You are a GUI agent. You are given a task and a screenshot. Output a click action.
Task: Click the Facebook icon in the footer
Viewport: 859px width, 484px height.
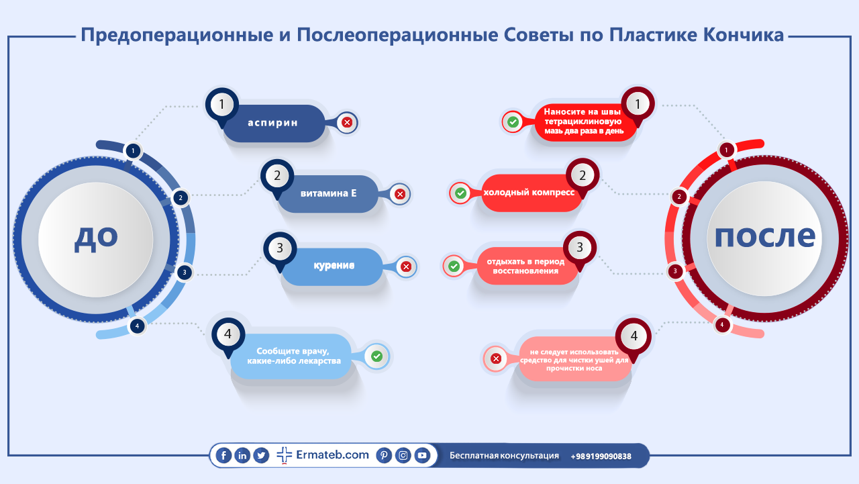coord(223,456)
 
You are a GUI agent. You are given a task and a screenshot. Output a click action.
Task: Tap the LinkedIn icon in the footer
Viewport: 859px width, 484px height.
coord(242,456)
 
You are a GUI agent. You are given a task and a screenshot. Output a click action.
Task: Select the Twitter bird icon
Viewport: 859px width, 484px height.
coord(261,456)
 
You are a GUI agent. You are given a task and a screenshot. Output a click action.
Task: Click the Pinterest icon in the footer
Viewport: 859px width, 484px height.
coord(384,455)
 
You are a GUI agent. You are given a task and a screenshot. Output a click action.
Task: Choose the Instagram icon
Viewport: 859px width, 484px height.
coord(403,455)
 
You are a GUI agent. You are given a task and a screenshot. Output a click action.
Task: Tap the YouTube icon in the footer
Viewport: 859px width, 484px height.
coord(422,455)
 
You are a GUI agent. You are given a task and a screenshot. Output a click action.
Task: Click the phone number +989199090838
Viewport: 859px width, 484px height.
coord(601,456)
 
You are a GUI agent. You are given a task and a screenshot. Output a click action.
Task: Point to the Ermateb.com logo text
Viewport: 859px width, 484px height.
coord(332,455)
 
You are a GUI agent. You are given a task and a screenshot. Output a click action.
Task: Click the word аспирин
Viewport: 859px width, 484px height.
coord(272,123)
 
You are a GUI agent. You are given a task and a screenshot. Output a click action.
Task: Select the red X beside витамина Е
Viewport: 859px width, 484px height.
coord(400,194)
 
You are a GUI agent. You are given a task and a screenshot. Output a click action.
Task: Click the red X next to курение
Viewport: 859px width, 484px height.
coord(406,267)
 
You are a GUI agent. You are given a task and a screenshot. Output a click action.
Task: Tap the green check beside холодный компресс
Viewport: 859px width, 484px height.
coord(460,193)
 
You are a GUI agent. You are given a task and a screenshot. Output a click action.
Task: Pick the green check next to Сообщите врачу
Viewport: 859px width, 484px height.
coord(377,356)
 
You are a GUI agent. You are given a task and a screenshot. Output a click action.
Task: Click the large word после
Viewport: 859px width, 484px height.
coord(765,236)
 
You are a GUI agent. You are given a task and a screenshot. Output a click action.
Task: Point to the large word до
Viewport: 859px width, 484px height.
coord(96,238)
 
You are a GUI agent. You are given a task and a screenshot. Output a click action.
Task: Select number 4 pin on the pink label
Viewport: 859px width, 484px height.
coord(634,336)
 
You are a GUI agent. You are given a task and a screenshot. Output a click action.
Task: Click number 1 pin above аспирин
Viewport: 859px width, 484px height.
coord(221,105)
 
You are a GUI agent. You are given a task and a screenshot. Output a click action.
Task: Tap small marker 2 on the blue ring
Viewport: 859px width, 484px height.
coord(181,198)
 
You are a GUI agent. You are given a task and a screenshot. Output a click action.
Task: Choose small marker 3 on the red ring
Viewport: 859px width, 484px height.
coord(675,271)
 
